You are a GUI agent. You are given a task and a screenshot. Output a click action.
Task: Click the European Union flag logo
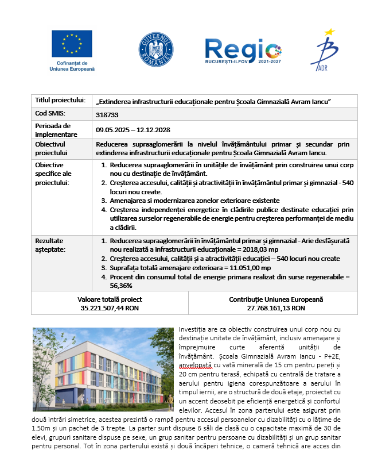[72, 43]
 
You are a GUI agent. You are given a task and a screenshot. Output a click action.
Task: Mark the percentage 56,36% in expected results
[122, 285]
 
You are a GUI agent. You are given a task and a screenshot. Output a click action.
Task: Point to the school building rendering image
[102, 363]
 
